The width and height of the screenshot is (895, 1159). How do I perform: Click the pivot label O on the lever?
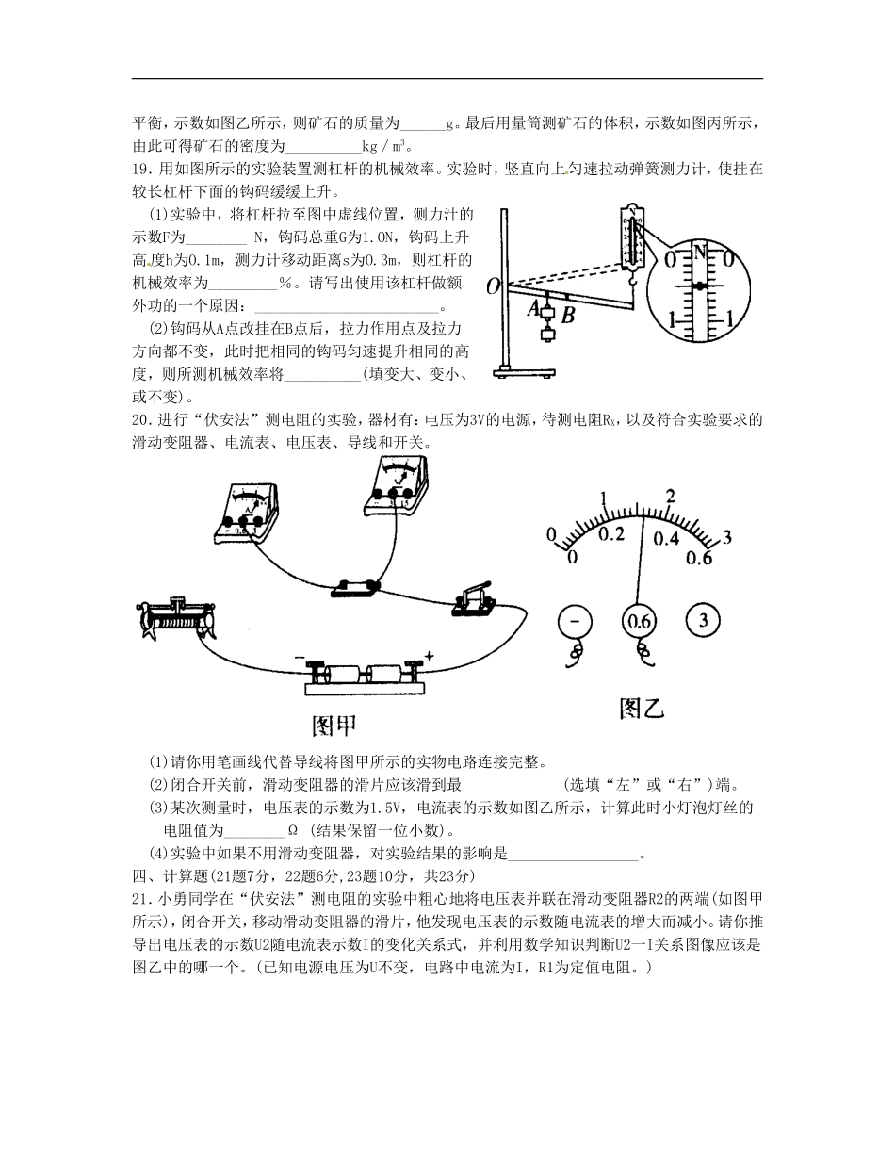click(x=493, y=286)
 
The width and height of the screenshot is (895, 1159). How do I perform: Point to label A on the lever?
click(x=533, y=307)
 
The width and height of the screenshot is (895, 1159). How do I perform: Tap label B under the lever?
click(x=568, y=316)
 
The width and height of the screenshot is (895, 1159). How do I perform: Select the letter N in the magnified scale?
click(x=699, y=251)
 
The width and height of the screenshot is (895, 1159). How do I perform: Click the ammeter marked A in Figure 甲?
click(x=247, y=514)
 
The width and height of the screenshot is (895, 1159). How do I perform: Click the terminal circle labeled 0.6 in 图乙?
click(x=640, y=621)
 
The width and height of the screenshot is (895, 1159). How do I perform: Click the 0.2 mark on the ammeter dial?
click(x=612, y=534)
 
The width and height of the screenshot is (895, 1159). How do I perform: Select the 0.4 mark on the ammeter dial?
click(x=666, y=538)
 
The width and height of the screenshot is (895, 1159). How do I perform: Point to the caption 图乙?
click(x=642, y=709)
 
